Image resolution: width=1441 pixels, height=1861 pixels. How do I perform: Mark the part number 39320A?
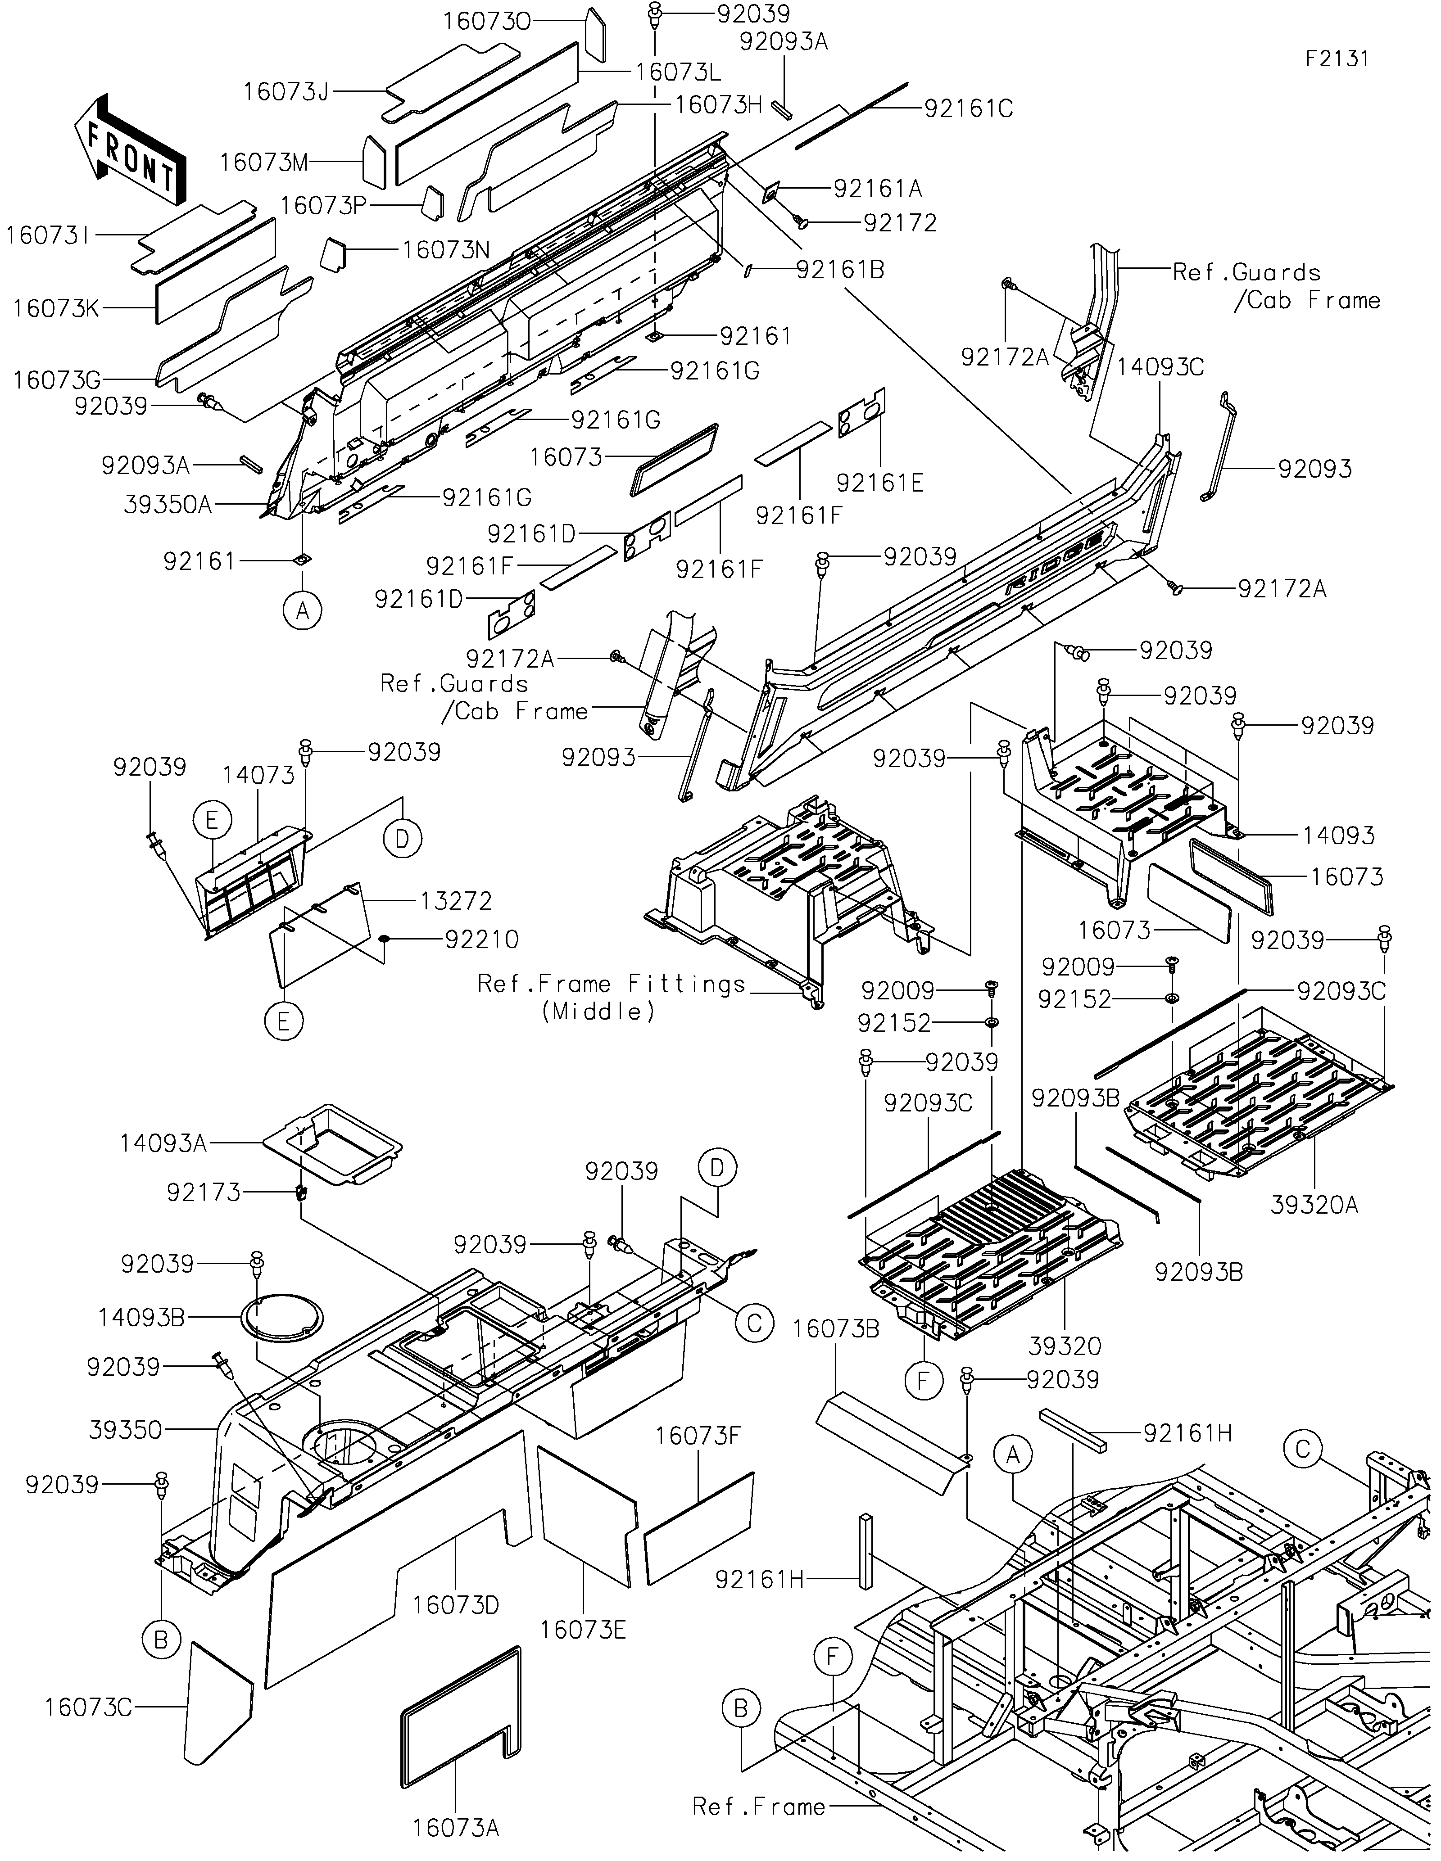[1313, 1204]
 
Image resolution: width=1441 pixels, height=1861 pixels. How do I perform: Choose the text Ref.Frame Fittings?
[611, 984]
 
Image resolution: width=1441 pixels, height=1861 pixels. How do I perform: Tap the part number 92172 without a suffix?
[900, 223]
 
